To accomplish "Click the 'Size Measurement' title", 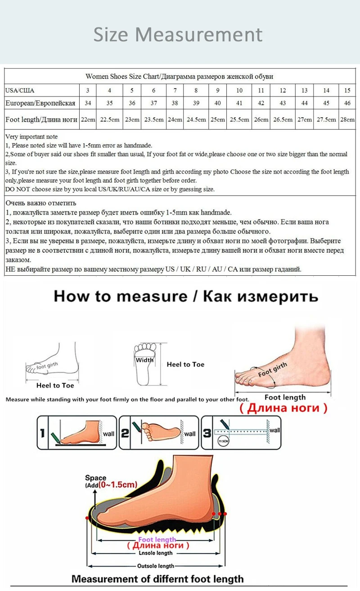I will tap(178, 35).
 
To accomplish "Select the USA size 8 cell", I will tap(196, 90).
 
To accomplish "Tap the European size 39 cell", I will tap(196, 103).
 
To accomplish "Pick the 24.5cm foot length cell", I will tap(196, 120).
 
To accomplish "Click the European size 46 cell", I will tap(347, 103).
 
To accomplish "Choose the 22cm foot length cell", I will tap(88, 120).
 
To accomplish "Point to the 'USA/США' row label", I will tap(20, 90).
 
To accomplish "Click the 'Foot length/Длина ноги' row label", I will tap(41, 120).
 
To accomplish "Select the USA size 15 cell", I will tap(347, 90).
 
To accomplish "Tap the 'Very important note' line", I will tap(31, 136).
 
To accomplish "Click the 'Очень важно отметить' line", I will tap(41, 203).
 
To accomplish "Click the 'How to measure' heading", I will tap(120, 296).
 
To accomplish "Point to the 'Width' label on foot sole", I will tap(144, 359).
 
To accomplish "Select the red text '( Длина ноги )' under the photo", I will tap(283, 408).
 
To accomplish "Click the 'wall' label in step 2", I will tap(190, 434).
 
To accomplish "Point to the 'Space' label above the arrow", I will tap(95, 478).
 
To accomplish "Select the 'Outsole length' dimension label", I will tap(155, 566).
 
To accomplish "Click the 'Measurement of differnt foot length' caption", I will tap(157, 579).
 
